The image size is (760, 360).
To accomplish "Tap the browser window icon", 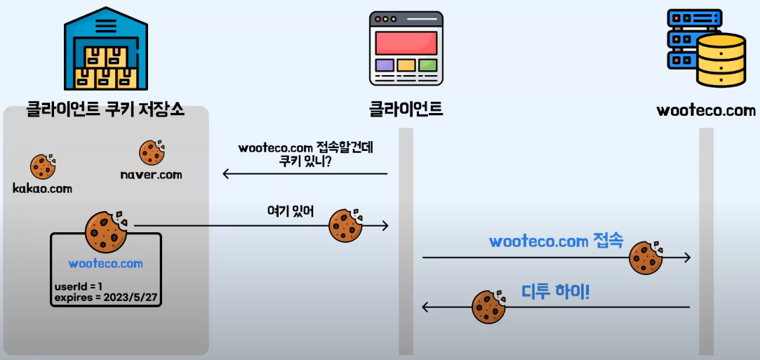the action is tap(406, 48).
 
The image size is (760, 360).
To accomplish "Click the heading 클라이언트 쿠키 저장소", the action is tap(105, 109).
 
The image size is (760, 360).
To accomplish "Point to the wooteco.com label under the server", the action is tap(706, 110).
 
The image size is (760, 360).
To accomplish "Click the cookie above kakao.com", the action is tap(43, 166).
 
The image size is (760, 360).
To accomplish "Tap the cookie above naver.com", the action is tap(152, 152).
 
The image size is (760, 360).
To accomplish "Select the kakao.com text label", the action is tap(43, 188).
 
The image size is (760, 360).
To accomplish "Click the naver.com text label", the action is tap(152, 175).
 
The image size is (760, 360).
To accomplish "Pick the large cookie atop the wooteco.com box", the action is tap(106, 232).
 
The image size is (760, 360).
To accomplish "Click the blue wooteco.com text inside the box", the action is tap(106, 264).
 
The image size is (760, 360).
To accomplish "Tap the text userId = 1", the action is tap(79, 286).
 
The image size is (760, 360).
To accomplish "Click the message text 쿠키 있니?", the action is tap(305, 161).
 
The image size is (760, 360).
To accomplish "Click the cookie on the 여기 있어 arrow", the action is tap(345, 225).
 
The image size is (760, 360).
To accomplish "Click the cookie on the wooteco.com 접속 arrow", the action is tap(646, 258).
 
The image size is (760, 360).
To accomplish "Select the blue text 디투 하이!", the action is tap(556, 290).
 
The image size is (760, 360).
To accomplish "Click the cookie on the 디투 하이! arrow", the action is tap(489, 307).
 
